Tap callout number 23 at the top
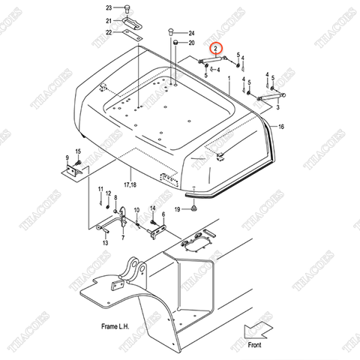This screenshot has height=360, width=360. point(109,7)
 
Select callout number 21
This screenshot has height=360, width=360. point(109,20)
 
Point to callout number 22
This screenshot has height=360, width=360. point(109,32)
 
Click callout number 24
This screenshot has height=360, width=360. point(191,33)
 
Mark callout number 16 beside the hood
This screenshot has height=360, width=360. point(281,128)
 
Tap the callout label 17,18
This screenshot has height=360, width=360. point(130,184)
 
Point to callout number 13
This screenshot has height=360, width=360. point(105,244)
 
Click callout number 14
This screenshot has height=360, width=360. point(153,208)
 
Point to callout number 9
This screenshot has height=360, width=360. point(67,158)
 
